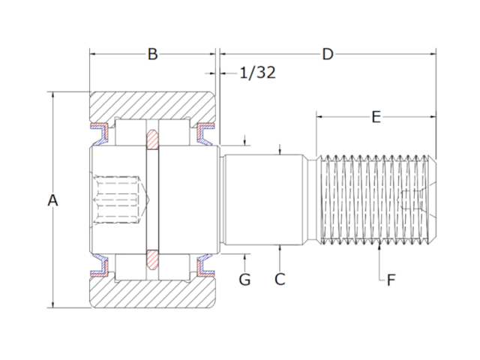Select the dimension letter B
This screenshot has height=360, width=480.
tap(152, 54)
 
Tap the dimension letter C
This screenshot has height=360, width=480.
tap(280, 280)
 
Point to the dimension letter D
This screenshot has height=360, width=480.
tap(327, 54)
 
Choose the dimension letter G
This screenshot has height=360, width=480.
tap(244, 280)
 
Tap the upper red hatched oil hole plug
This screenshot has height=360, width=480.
tap(152, 139)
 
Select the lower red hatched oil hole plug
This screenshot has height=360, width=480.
tap(152, 259)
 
